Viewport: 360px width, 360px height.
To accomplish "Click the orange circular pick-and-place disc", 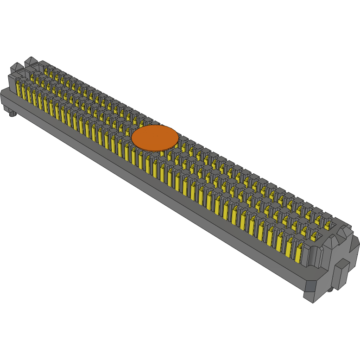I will pos(155,138).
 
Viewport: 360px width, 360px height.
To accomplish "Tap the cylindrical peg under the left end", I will pos(13,113).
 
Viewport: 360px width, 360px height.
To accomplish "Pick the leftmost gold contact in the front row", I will pos(19,88).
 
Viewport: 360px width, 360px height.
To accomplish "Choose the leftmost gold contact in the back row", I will pos(46,71).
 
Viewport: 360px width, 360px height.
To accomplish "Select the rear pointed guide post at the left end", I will pos(31,62).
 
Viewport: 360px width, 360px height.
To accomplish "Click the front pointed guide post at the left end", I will pos(16,68).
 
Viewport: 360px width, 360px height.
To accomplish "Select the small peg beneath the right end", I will pos(329,290).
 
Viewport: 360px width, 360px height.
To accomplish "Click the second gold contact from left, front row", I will pos(24,91).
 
